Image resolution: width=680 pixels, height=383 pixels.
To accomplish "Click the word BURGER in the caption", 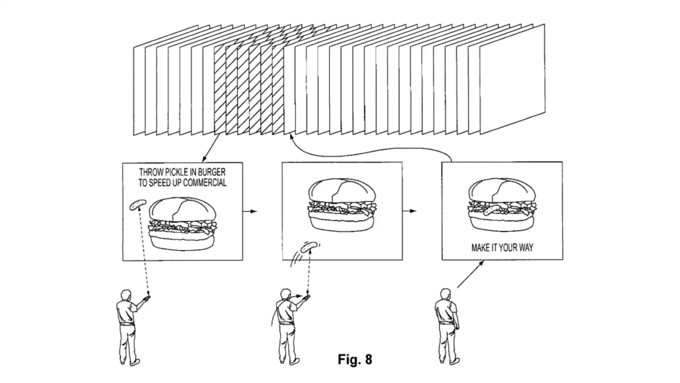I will [211, 172].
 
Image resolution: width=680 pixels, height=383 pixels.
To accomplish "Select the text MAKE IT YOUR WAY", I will [502, 248].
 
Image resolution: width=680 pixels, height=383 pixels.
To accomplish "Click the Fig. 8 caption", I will [355, 359].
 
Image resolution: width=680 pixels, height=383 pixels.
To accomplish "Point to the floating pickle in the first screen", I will [138, 205].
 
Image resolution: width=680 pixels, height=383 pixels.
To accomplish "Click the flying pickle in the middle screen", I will [308, 246].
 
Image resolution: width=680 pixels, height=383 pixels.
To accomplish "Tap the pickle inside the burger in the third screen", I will [492, 210].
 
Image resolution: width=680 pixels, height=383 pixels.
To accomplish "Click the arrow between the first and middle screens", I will [250, 211].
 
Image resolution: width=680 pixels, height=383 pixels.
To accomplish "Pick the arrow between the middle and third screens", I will [409, 211].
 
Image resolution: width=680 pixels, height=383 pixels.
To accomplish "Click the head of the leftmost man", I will [126, 295].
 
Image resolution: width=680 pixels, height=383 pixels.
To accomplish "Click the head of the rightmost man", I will [445, 294].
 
